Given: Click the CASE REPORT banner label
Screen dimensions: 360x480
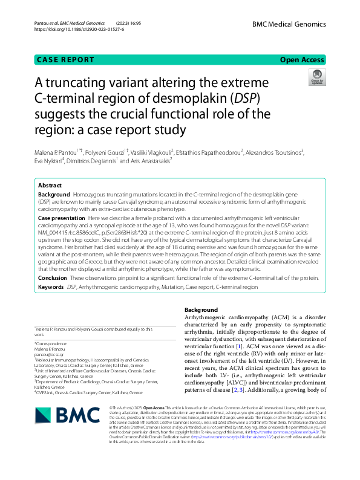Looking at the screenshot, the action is pos(65,60).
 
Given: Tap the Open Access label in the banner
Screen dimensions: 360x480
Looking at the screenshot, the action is pos(303,60).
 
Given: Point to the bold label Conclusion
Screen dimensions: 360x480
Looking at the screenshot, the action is pos(53,278).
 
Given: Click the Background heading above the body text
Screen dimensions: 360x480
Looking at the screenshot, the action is pos(201,310).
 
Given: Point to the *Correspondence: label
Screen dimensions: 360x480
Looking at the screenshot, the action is pos(53,344).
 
